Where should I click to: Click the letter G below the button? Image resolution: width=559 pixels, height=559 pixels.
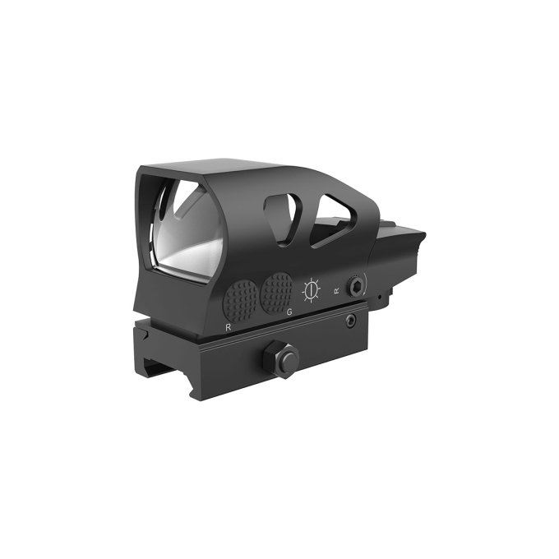(x=289, y=313)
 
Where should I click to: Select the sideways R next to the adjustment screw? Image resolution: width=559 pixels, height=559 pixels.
(x=336, y=290)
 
